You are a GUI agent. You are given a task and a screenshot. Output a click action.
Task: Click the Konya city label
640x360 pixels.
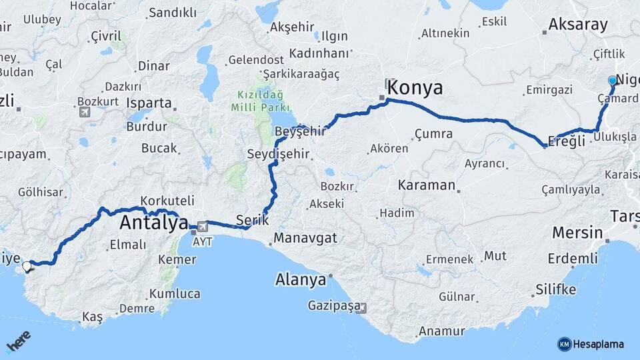tap(415, 87)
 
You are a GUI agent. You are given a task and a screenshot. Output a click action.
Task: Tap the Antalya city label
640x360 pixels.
tap(155, 222)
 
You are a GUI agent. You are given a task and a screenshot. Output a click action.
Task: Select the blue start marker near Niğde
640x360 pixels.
tap(613, 81)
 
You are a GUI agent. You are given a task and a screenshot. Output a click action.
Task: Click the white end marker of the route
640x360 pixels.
tap(27, 267)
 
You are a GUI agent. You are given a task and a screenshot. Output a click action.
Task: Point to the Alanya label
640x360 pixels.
tap(301, 279)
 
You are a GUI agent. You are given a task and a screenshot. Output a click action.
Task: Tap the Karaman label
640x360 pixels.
tap(427, 185)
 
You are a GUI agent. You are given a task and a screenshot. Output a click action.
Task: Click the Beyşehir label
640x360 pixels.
tap(301, 131)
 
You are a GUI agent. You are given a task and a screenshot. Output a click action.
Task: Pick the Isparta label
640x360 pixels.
tap(150, 103)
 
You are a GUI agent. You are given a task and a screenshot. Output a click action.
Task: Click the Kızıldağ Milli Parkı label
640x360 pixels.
tap(260, 101)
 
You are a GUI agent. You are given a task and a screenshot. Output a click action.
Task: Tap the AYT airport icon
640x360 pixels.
tap(202, 227)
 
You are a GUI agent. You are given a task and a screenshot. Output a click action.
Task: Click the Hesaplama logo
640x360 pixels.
tap(591, 344)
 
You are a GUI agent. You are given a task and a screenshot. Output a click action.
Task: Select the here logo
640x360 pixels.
tap(18, 341)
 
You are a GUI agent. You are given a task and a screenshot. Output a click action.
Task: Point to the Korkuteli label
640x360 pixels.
tap(167, 200)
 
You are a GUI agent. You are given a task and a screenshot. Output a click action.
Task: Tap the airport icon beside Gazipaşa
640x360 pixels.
tap(361, 307)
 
